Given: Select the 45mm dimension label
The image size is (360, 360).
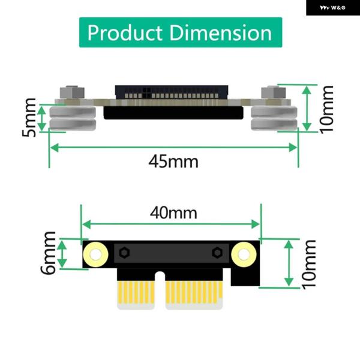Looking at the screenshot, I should click(x=173, y=161).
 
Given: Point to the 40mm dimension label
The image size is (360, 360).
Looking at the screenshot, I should click(x=173, y=212).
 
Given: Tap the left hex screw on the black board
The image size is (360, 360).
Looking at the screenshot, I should click(x=124, y=253).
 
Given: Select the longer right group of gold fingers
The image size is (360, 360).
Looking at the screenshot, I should click(x=193, y=292).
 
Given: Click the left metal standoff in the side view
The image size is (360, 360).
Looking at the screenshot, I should click(x=72, y=118).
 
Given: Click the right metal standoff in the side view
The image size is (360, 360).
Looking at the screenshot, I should click(x=275, y=118).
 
